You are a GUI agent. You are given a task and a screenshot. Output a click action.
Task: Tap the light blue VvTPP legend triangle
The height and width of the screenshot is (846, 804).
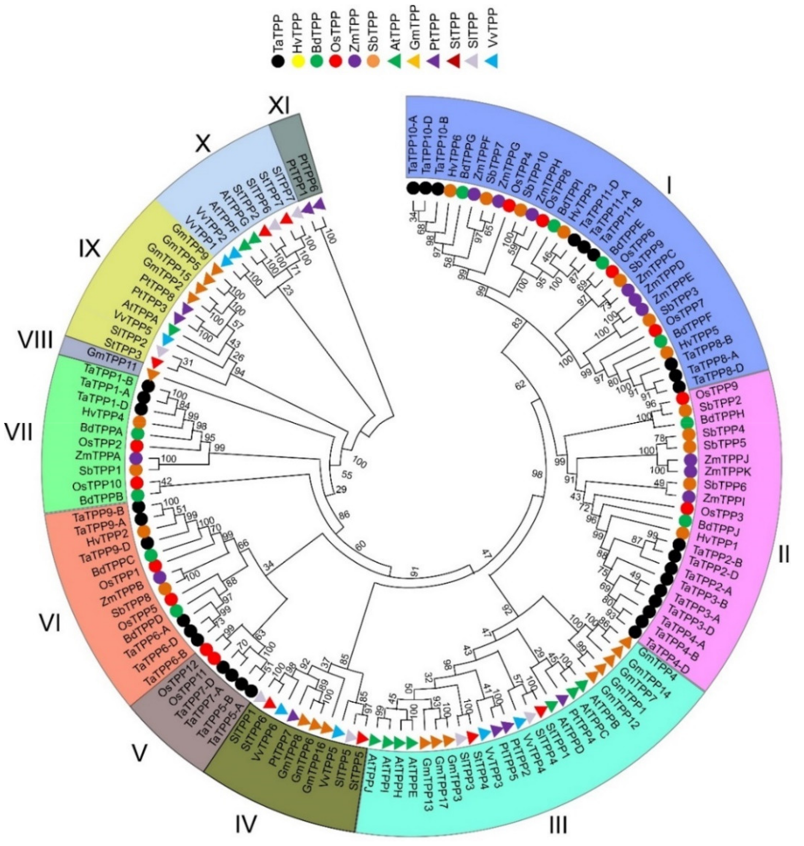[492, 62]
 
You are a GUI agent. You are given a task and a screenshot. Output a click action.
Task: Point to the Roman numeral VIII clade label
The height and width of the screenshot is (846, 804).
[36, 342]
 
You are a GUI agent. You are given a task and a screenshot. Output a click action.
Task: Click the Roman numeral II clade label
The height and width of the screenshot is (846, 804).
[784, 556]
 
